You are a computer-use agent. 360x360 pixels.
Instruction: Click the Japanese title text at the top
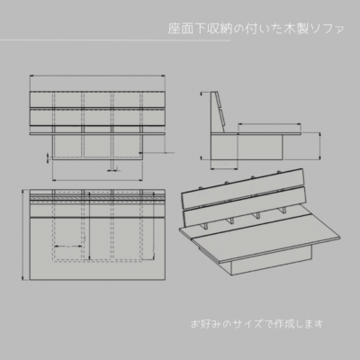256,29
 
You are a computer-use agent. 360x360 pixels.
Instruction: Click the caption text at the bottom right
257,324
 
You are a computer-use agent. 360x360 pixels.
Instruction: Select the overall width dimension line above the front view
97,76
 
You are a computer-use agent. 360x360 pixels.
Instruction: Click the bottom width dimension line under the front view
97,180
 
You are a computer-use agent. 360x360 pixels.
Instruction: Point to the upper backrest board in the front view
97,99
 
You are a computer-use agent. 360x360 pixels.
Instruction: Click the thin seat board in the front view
97,134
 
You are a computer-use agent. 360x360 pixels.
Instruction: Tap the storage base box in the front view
97,148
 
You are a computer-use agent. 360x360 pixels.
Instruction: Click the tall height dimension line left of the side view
202,125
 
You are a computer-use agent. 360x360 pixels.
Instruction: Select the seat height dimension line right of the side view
320,146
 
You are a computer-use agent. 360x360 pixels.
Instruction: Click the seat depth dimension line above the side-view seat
269,123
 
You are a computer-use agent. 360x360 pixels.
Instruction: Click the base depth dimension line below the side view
224,169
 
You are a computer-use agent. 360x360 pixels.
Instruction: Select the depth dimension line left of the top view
23,235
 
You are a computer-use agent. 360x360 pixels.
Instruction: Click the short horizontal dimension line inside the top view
68,247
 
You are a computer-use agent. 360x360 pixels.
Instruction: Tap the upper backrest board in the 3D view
243,188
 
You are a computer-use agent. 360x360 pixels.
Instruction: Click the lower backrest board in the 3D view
244,207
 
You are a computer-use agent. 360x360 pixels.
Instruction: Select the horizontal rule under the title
115,40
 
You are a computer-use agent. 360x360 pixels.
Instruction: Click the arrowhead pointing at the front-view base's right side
140,153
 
